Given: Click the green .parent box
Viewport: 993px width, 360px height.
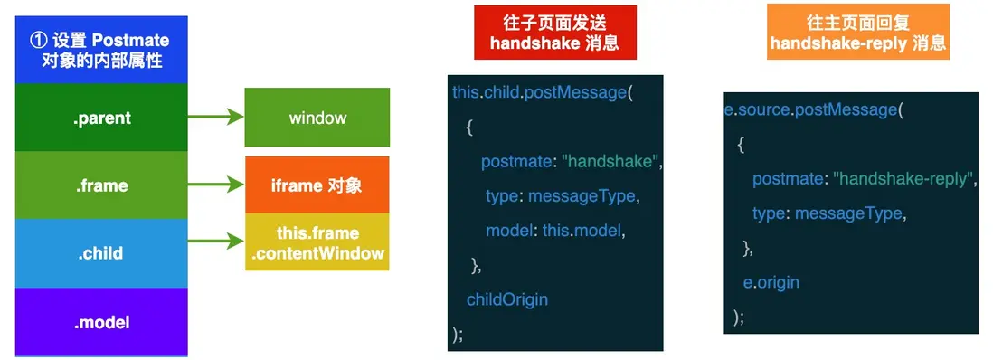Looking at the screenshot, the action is coord(101,118).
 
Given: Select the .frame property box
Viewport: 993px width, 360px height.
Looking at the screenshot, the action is coord(101,185).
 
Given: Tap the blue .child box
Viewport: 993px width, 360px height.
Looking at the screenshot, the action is coord(101,253).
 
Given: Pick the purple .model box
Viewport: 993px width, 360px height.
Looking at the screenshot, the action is coord(101,322).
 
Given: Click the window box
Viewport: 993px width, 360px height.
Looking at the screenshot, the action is coord(317,118).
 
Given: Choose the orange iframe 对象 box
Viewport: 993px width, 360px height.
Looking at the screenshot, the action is coord(317,185).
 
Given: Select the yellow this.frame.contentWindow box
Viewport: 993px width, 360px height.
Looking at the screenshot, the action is coord(317,242).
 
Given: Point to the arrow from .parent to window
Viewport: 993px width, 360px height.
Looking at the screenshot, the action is coord(216,117).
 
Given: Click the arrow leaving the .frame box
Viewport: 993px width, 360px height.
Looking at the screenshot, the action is coord(216,185).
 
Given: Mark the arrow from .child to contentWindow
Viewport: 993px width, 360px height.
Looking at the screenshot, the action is coord(216,241).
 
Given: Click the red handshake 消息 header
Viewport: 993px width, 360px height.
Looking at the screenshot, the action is coord(554,33).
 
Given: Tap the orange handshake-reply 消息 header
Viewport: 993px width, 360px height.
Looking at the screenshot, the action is coord(858,33).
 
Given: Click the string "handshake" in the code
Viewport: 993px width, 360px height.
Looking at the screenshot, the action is coord(610,162).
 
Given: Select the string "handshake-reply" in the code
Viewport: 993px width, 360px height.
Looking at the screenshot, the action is coord(902,179).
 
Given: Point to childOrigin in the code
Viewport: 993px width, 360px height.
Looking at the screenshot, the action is coord(506,299).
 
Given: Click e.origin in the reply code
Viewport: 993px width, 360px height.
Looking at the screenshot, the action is coord(771,282).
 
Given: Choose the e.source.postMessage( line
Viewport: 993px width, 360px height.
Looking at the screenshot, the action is coord(815,109).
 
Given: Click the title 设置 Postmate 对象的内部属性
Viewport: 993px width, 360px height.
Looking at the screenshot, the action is coord(101,50).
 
